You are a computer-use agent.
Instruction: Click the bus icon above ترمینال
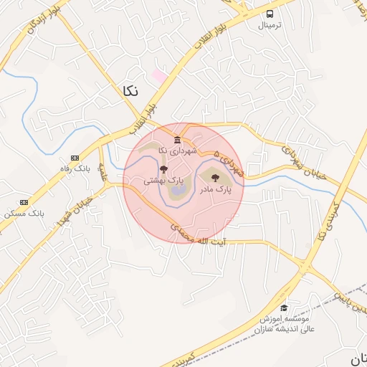tap(270, 14)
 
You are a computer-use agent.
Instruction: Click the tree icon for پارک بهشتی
tap(163, 170)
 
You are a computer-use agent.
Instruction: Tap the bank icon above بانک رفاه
tap(75, 158)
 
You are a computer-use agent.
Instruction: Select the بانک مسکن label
tap(24, 214)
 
